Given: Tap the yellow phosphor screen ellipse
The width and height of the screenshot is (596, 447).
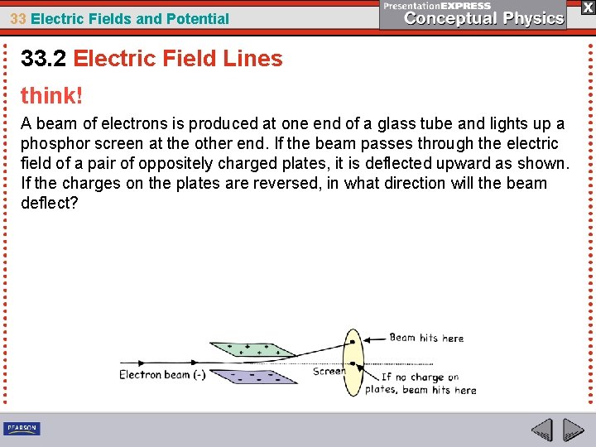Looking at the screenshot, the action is [353, 364].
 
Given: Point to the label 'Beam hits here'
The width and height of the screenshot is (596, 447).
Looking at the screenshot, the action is [426, 338].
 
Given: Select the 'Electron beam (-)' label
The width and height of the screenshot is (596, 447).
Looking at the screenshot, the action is [162, 375].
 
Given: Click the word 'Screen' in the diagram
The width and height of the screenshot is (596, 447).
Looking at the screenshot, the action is [329, 372].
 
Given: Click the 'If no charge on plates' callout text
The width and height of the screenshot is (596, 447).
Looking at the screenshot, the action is [421, 383].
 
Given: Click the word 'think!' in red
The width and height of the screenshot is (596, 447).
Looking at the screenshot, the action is [52, 96].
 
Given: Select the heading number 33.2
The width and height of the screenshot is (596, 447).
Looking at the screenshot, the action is [43, 59].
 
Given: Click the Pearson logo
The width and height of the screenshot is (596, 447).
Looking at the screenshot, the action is [22, 428].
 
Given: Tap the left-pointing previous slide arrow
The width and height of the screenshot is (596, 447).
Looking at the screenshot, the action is [541, 430].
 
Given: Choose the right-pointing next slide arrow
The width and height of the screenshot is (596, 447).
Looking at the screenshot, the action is [574, 430].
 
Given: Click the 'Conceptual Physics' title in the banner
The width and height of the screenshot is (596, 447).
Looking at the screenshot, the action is [484, 18].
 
